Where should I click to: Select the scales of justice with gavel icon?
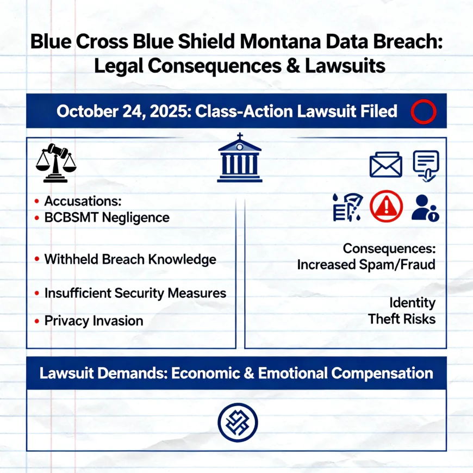coord(56,163)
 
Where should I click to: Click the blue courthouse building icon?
coord(240,158)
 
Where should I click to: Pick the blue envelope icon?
coord(386,165)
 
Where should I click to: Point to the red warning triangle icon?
coord(387,206)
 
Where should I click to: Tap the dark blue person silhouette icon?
coord(425,208)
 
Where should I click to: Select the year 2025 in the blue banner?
coord(168,111)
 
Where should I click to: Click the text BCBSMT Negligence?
coord(107,217)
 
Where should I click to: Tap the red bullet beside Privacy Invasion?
coord(37,321)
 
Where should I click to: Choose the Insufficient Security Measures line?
coord(135,293)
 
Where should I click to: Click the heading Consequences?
coord(389,248)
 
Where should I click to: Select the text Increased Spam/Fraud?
coord(366,265)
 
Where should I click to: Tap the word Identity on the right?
coord(412,303)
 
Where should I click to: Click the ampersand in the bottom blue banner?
coord(249,373)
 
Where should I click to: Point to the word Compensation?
coord(382,373)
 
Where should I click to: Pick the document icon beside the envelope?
coord(426,166)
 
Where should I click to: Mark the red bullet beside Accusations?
coord(37,201)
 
